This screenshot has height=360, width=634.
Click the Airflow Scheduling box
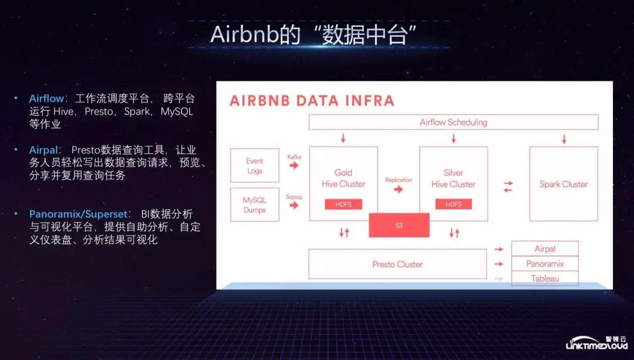(453, 122)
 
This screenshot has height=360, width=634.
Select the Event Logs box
(255, 166)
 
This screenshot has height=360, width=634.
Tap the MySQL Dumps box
(255, 205)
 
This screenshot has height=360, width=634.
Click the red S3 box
(399, 225)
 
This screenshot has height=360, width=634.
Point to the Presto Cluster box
(397, 264)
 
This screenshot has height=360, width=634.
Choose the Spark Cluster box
(564, 184)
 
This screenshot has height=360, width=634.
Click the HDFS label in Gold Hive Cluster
(343, 204)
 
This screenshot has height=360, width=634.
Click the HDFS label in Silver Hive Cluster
(453, 204)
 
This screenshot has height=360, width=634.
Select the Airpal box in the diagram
(545, 248)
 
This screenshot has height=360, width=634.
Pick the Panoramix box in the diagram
(545, 264)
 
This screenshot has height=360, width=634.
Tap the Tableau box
(545, 278)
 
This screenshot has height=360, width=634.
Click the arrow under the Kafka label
(294, 166)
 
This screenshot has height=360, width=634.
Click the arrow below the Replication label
(399, 189)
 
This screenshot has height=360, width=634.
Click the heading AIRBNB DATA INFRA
(312, 100)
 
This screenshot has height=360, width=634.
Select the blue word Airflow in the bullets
(45, 99)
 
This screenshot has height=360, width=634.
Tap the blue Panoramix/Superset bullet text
(76, 214)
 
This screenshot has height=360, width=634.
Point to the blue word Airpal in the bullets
(43, 150)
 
